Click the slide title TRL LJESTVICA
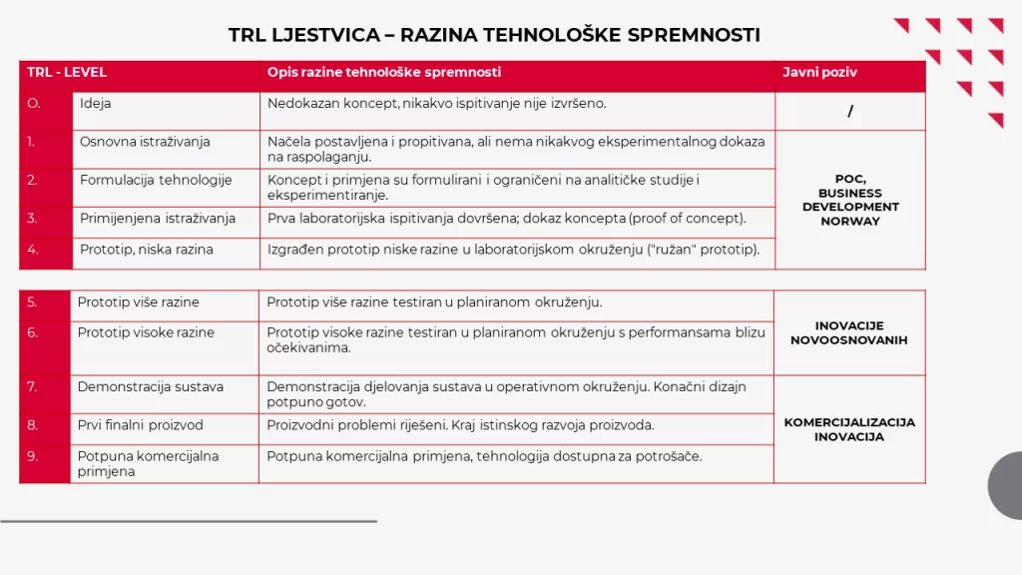[494, 35]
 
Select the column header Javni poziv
[819, 73]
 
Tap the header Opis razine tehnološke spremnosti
[384, 73]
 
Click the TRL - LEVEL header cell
[67, 73]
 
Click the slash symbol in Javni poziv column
[850, 112]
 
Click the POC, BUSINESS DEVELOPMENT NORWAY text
[850, 200]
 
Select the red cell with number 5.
[44, 302]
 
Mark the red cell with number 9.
[44, 462]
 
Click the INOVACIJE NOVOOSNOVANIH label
[849, 332]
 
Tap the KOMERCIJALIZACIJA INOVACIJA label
[849, 429]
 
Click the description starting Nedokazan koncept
[436, 104]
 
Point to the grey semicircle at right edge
[1006, 485]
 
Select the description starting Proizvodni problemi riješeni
[460, 425]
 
